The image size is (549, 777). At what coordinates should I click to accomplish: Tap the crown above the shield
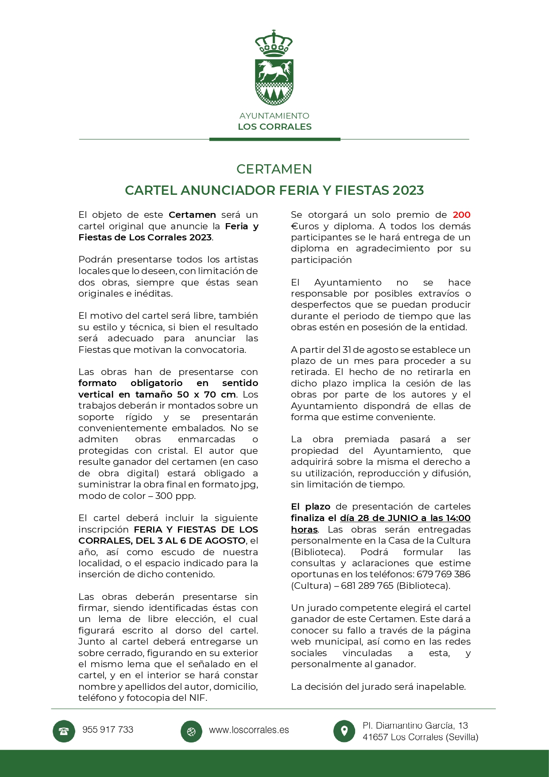[274, 43]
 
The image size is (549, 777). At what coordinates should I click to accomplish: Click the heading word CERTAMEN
[274, 169]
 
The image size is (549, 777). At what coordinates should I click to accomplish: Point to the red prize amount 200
[461, 215]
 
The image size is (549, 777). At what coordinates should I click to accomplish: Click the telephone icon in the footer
[64, 731]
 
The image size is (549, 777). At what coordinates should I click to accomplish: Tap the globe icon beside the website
[191, 731]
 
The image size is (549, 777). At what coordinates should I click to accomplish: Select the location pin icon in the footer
[344, 731]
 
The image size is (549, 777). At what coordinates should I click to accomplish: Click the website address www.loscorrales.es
[249, 730]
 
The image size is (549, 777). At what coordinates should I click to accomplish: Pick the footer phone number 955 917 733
[108, 730]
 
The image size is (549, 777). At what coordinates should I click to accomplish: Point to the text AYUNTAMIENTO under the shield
[274, 116]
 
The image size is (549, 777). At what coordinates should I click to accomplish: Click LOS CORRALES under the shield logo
[274, 127]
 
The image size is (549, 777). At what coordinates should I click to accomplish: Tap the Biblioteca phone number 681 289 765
[367, 586]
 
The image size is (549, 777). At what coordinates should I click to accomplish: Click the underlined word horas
[304, 530]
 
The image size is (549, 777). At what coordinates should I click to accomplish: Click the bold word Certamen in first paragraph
[192, 215]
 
